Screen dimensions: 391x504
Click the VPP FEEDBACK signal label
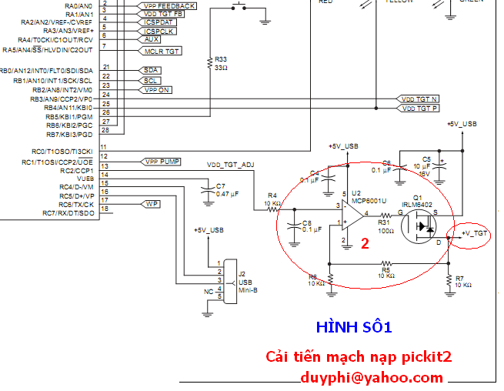(x=169, y=5)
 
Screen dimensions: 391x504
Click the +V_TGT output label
(x=474, y=232)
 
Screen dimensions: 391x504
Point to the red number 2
(x=365, y=243)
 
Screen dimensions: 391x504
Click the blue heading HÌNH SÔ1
(x=354, y=327)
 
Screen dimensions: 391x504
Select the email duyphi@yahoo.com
(x=372, y=377)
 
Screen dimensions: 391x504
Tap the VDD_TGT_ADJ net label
(x=230, y=165)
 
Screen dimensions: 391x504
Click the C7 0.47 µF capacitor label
(x=224, y=189)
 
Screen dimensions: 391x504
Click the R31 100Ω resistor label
(x=384, y=226)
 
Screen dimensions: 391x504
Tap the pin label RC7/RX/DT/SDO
(x=68, y=212)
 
